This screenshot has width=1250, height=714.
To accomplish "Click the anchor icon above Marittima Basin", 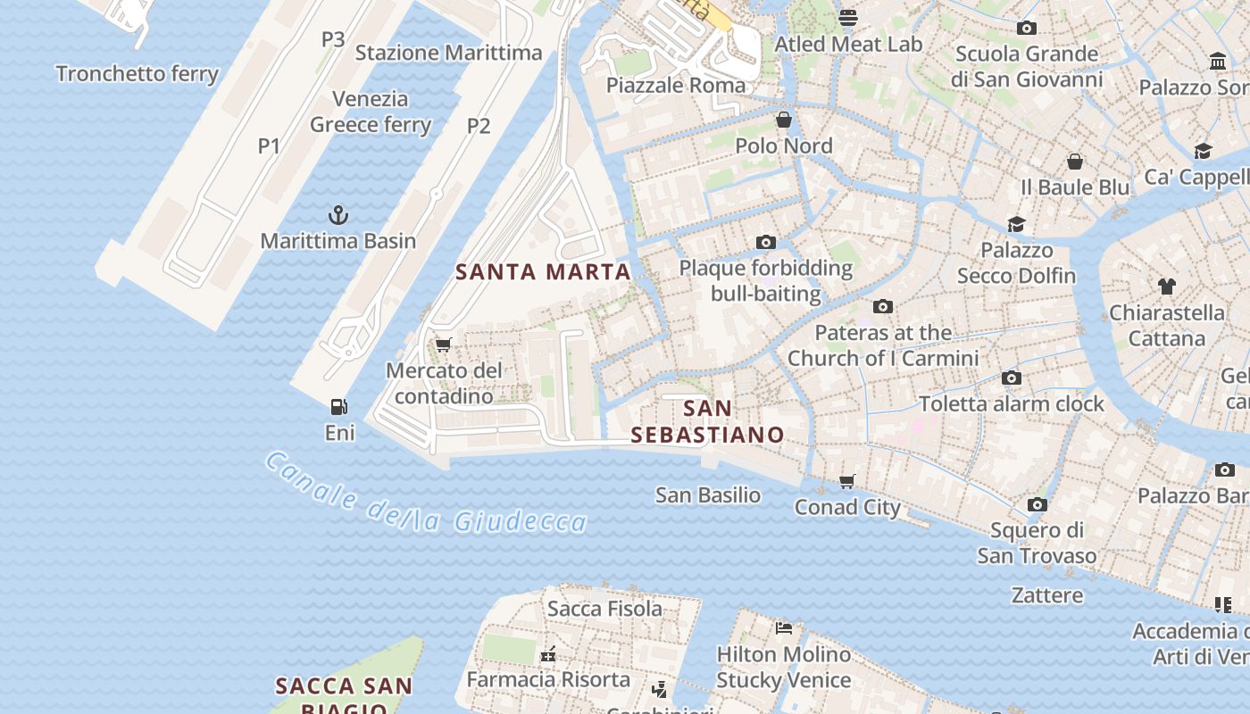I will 338,215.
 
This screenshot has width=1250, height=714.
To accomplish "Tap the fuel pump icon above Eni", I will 339,407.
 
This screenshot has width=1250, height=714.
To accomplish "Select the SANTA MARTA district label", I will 543,272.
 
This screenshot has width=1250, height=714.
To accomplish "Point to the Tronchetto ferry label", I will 137,74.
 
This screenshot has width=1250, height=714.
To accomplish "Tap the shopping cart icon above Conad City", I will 847,481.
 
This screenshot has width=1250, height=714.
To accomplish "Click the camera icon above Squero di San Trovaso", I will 1037,504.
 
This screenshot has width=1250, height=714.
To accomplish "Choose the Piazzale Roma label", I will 676,86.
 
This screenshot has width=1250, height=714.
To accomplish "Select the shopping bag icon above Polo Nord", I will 784,120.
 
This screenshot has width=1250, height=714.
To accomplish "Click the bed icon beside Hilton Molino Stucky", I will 784,628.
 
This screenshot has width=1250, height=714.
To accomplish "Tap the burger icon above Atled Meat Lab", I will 847,17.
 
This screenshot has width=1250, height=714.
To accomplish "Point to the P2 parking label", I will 479,126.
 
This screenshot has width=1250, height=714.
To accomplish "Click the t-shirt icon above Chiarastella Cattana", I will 1166,286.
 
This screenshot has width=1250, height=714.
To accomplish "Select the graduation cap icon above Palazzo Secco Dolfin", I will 1016,224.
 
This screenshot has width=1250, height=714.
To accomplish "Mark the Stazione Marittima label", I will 448,53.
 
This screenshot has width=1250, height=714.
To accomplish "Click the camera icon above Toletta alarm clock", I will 1012,378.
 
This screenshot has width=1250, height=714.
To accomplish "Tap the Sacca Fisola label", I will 604,609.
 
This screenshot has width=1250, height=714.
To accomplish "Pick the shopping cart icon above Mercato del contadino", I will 444,345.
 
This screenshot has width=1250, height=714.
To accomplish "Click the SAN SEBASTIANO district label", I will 707,422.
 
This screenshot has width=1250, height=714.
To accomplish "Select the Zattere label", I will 1047,595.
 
